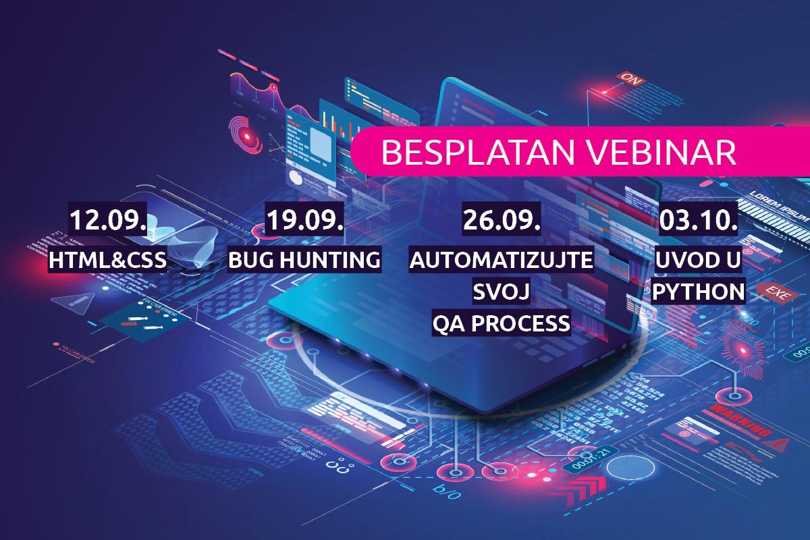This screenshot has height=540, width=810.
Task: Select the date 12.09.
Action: [x=108, y=221]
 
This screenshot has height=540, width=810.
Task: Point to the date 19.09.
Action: [x=304, y=221]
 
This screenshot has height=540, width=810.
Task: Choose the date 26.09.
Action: [x=500, y=221]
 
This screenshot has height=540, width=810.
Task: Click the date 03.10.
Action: [x=696, y=221]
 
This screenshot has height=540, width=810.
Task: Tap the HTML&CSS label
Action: [x=108, y=260]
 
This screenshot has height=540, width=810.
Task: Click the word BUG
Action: [x=252, y=260]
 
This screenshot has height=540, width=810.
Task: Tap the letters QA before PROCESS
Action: [x=448, y=324]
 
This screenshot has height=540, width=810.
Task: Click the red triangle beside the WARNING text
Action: [x=783, y=443]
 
